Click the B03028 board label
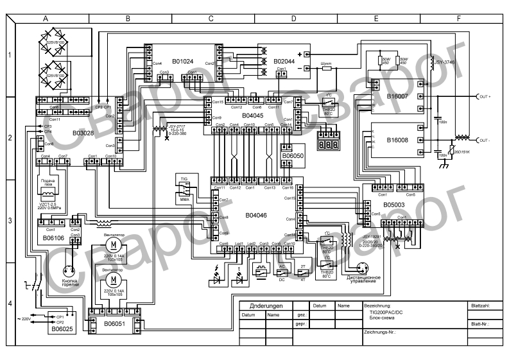coord(83,133)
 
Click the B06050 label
coord(293,155)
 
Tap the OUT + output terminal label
coord(485,96)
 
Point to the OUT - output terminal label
coord(485,139)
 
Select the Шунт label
coord(326,63)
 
